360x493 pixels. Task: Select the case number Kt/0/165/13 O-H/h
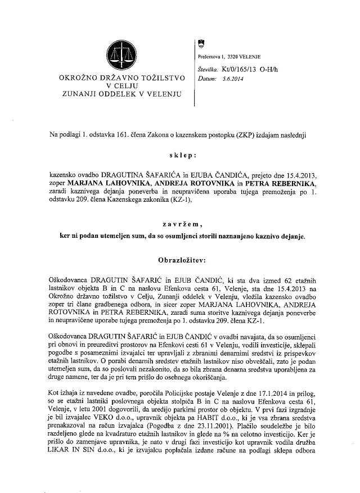tap(246, 70)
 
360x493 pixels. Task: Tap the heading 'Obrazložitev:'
tap(179, 261)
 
